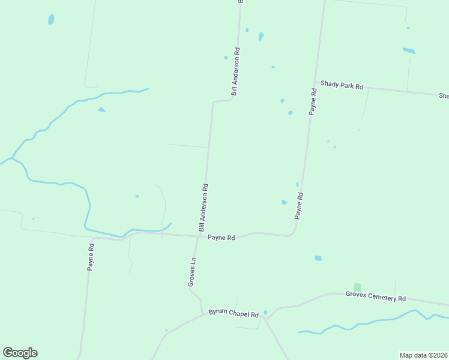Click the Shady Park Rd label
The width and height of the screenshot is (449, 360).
pyautogui.click(x=342, y=86)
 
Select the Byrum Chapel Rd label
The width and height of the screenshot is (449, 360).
pyautogui.click(x=234, y=314)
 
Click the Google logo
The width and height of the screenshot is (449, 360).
pyautogui.click(x=20, y=353)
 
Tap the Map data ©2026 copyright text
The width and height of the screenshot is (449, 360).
pyautogui.click(x=423, y=355)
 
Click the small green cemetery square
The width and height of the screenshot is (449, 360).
pyautogui.click(x=357, y=287)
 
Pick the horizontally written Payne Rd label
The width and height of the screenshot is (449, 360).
pyautogui.click(x=221, y=238)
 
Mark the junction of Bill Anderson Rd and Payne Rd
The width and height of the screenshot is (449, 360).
pyautogui.click(x=200, y=236)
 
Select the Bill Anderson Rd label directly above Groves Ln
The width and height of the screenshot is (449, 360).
pyautogui.click(x=203, y=208)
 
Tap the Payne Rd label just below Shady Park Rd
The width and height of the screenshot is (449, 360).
pyautogui.click(x=313, y=101)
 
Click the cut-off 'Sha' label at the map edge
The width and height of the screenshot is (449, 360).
pyautogui.click(x=444, y=96)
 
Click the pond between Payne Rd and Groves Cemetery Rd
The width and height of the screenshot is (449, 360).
pyautogui.click(x=318, y=258)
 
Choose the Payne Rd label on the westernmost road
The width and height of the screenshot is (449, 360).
pyautogui.click(x=91, y=257)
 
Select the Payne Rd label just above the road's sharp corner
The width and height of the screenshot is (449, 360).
pyautogui.click(x=298, y=205)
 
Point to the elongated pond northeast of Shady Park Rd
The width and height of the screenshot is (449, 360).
pyautogui.click(x=409, y=50)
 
